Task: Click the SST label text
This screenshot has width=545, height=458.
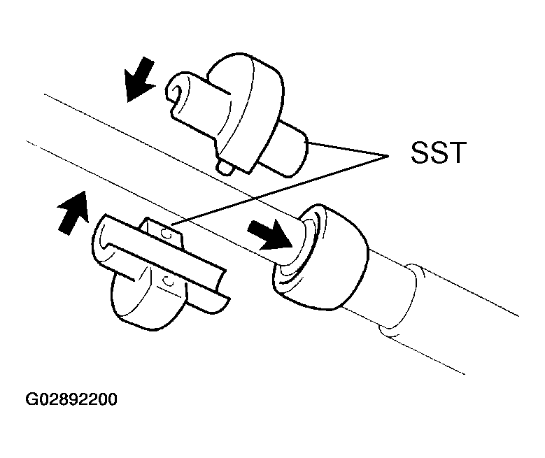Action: click(x=437, y=152)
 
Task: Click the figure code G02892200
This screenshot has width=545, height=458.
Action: click(x=71, y=399)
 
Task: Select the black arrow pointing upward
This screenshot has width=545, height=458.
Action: click(x=73, y=212)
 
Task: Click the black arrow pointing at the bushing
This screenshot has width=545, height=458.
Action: click(x=269, y=234)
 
